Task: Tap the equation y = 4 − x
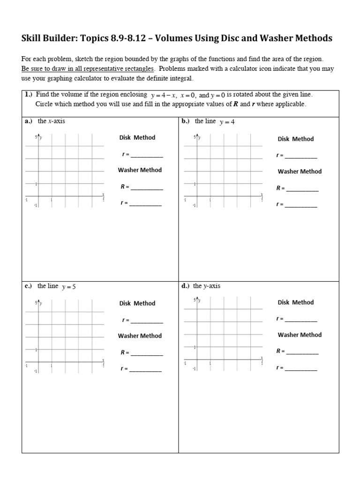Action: point(162,95)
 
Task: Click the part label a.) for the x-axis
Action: point(28,121)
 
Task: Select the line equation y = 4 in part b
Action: point(227,122)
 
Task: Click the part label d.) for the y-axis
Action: point(186,286)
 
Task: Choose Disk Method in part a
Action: point(137,137)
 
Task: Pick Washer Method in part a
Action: point(140,170)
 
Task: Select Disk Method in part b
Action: point(296,139)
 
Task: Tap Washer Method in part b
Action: point(300,172)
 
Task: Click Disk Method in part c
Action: point(137,303)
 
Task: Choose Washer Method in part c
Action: point(140,336)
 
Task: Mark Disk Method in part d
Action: point(296,302)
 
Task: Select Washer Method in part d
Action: point(300,335)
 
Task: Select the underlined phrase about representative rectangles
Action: point(88,68)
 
